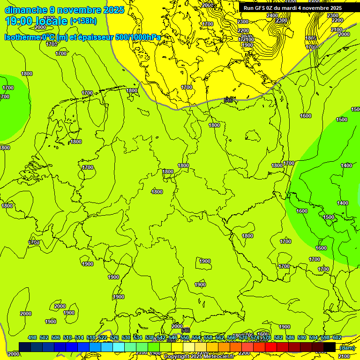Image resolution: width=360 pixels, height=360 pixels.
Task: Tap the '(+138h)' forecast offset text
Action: click(83, 21)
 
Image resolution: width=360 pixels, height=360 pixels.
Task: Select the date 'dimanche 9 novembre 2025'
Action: click(64, 10)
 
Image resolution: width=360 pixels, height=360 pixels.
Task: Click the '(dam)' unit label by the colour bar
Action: click(347, 347)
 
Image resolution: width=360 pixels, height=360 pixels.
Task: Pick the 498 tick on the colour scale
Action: click(32, 337)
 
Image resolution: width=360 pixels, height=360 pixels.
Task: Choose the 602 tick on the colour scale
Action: click(337, 337)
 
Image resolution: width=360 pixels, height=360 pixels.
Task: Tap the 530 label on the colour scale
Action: click(126, 337)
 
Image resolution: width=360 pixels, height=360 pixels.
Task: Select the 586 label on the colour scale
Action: click(290, 337)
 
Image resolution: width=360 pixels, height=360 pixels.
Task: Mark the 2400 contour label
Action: click(272, 15)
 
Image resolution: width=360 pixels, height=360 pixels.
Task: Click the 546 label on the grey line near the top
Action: click(228, 100)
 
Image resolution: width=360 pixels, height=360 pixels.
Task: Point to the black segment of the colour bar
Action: click(330, 347)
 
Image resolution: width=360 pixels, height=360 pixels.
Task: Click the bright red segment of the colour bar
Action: click(271, 347)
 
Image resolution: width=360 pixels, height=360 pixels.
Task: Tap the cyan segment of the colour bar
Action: click(119, 347)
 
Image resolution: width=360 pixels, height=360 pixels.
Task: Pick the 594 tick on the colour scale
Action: click(314, 337)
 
